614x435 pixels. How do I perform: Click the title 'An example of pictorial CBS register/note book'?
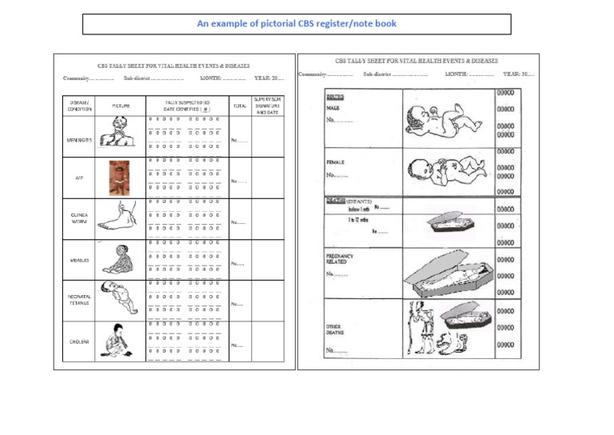[x=297, y=24]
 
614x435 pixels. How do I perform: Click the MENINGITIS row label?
[x=79, y=140]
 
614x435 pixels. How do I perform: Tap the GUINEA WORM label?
[x=79, y=218]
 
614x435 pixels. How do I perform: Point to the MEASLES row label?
[x=79, y=260]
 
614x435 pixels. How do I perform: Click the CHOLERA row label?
[x=79, y=341]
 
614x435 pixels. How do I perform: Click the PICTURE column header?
[x=121, y=106]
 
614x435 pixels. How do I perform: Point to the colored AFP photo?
[x=119, y=178]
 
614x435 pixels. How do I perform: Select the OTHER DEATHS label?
[x=334, y=329]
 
